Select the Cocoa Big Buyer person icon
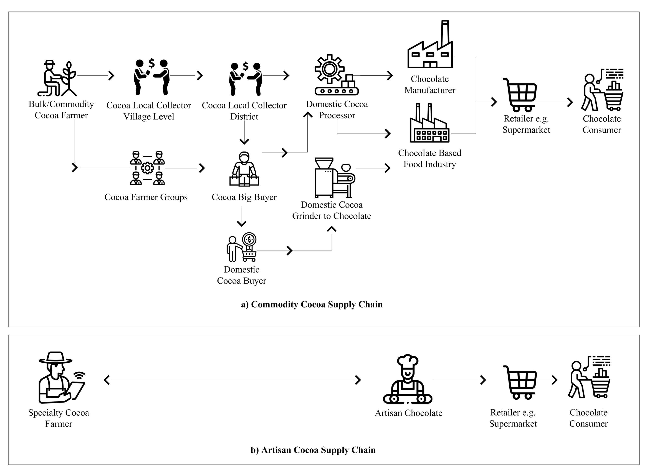click(244, 169)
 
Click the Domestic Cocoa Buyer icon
click(242, 247)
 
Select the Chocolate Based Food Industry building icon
click(430, 123)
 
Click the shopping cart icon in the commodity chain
click(520, 95)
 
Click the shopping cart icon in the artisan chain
click(520, 382)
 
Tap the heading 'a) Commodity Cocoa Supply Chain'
click(312, 304)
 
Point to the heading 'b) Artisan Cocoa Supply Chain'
click(313, 450)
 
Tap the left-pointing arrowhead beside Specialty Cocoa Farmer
click(107, 380)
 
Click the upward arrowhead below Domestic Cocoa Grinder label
click(332, 229)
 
